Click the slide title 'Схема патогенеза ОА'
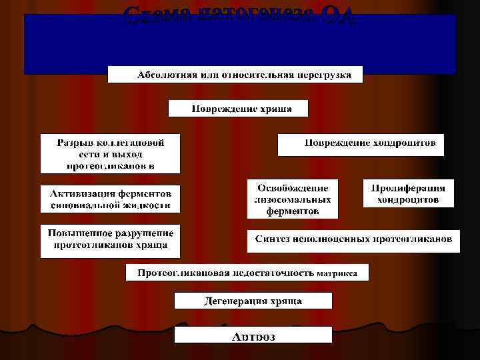point(239,14)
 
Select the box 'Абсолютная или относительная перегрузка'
point(235,74)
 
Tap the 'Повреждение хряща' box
point(238,109)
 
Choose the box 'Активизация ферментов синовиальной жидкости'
point(111,199)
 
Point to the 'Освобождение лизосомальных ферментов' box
point(293,198)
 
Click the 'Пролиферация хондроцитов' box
point(408,193)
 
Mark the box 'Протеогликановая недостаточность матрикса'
point(247,273)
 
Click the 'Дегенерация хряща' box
point(253,301)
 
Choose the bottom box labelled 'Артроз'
point(253,335)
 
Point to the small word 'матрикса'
point(337,273)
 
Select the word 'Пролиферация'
point(408,187)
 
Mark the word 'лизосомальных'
point(293,199)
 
